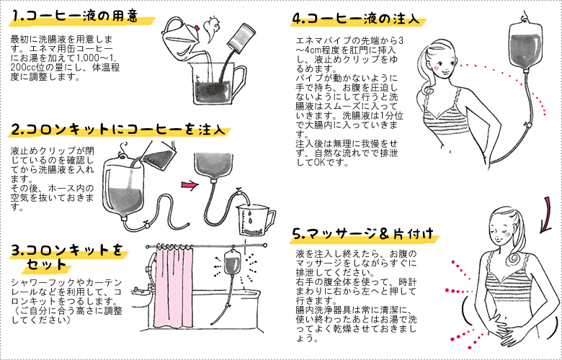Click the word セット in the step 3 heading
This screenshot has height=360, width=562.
tap(46, 264)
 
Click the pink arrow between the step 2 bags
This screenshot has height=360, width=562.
tap(189, 185)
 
